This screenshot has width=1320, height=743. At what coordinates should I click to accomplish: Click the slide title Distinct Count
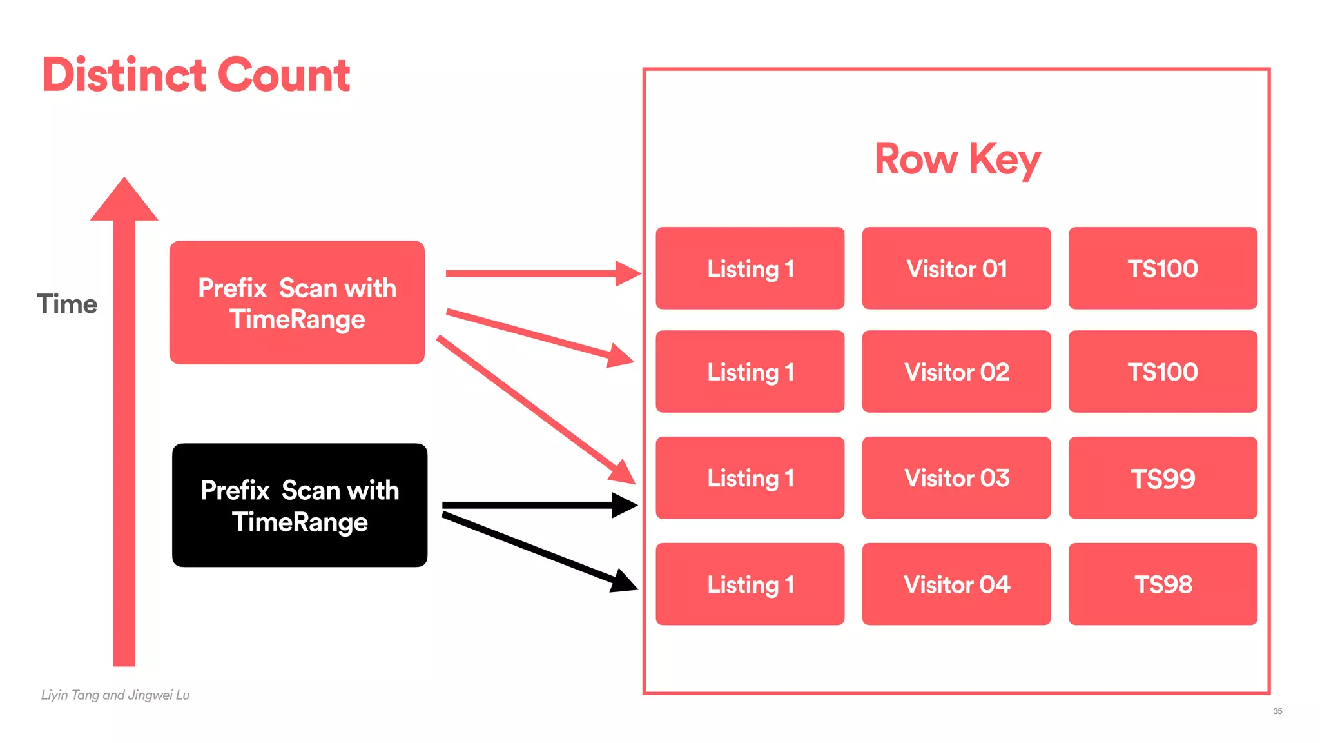pos(196,75)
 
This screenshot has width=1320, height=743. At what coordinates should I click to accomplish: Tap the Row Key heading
pos(957,159)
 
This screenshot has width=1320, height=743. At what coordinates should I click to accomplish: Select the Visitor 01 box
pos(956,268)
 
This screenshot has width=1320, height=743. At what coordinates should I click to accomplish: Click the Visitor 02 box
pos(956,371)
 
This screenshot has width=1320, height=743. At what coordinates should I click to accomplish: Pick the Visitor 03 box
pos(956,478)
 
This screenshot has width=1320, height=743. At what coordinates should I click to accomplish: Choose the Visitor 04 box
pos(956,584)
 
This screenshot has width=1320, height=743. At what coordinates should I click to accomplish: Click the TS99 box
pos(1163,478)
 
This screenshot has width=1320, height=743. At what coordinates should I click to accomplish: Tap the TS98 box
pos(1163,584)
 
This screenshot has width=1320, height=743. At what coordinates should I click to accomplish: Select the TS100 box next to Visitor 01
pos(1163,268)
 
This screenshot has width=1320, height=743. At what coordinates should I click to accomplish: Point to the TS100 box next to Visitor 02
pos(1163,371)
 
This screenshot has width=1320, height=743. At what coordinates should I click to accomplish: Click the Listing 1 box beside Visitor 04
pos(750,584)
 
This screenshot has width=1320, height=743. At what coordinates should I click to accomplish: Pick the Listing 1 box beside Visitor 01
pos(750,268)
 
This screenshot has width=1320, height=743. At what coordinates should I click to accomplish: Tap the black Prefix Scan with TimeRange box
pos(300,506)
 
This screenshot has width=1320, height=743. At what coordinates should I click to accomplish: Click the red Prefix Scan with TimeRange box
pos(297,303)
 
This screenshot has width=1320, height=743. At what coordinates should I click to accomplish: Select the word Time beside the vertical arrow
pos(67,304)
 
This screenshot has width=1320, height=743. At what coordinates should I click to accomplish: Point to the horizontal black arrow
pos(535,505)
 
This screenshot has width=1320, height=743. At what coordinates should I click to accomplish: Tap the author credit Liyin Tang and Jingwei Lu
pos(115,695)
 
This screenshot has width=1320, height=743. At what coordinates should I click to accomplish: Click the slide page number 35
pos(1277,711)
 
